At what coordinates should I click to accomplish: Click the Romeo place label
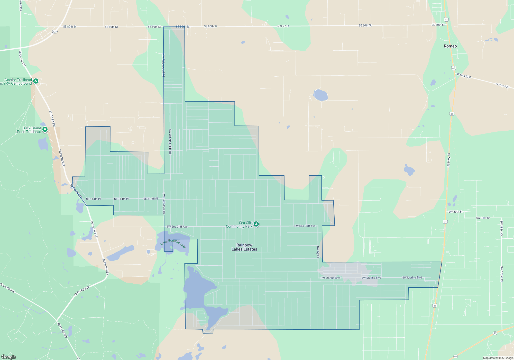coord(450,46)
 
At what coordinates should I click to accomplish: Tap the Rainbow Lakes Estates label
coord(244,247)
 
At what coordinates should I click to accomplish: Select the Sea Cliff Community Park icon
coord(256,224)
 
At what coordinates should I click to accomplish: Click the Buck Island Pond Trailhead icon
coord(45,129)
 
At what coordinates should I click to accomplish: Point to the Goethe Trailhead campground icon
coord(36,81)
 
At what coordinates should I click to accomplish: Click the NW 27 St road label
coord(283,26)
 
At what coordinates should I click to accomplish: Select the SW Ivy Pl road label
coord(318,252)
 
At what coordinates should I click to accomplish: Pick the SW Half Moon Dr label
coord(164,203)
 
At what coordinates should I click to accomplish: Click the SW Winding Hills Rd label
coord(170,141)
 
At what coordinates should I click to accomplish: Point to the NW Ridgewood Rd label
coord(163,65)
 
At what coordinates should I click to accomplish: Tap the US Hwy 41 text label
coord(448,160)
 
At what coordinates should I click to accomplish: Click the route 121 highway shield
coord(55,32)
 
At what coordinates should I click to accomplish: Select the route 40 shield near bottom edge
coord(455,356)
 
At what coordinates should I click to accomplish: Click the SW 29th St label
coord(455,212)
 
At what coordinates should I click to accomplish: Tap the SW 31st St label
coord(483,218)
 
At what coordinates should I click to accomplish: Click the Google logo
coord(9,357)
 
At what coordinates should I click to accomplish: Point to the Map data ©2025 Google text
coord(498,358)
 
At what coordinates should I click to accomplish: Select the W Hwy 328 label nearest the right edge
coord(502,85)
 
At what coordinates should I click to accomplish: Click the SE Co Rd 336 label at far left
coord(7,288)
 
